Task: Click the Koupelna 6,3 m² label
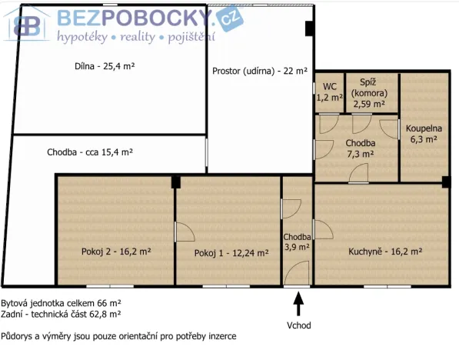(421, 134)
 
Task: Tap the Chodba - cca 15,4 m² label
(89, 153)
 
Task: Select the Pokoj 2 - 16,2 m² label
(116, 251)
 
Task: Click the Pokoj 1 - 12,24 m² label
(231, 253)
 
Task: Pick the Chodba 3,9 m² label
(296, 242)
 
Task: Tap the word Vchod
(299, 325)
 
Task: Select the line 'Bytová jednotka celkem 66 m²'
(62, 304)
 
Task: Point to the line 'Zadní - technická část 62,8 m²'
(62, 315)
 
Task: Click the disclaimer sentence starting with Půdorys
(118, 336)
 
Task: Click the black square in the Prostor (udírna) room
(309, 28)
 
